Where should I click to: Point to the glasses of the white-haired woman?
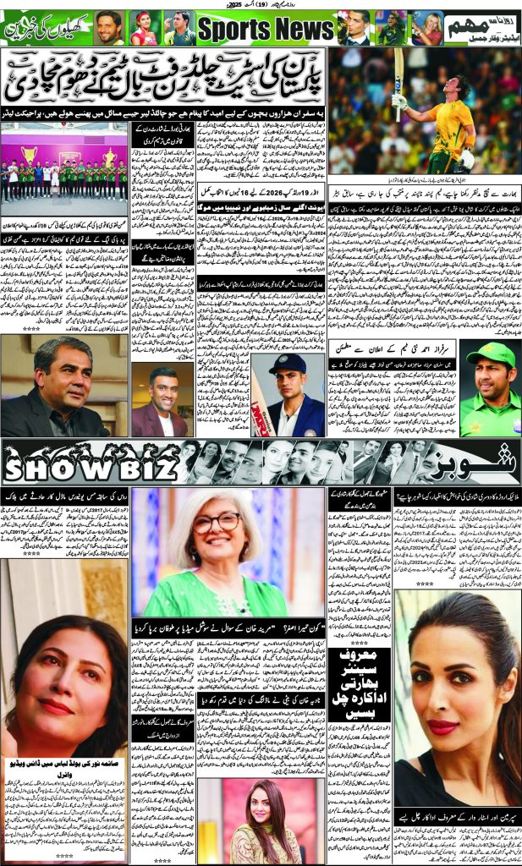[x=216, y=523]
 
